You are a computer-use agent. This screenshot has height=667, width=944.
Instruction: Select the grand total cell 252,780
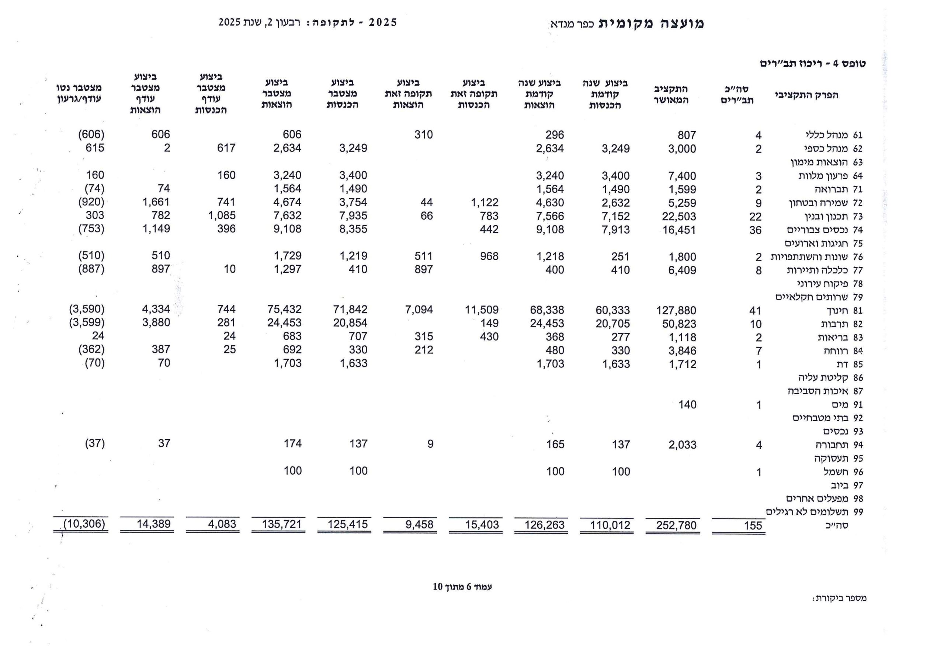(x=676, y=525)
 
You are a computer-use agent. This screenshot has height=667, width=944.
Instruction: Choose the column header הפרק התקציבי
(x=806, y=95)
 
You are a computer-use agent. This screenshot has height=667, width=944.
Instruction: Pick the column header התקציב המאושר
(x=671, y=94)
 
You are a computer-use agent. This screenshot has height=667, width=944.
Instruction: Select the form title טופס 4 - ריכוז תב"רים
(x=812, y=63)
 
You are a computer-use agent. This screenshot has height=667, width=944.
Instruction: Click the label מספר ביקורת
(x=839, y=598)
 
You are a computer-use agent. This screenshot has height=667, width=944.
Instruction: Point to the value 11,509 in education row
(x=482, y=310)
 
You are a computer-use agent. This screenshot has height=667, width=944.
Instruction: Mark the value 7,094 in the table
(x=419, y=310)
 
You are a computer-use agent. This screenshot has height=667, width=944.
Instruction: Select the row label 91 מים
(x=847, y=404)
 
